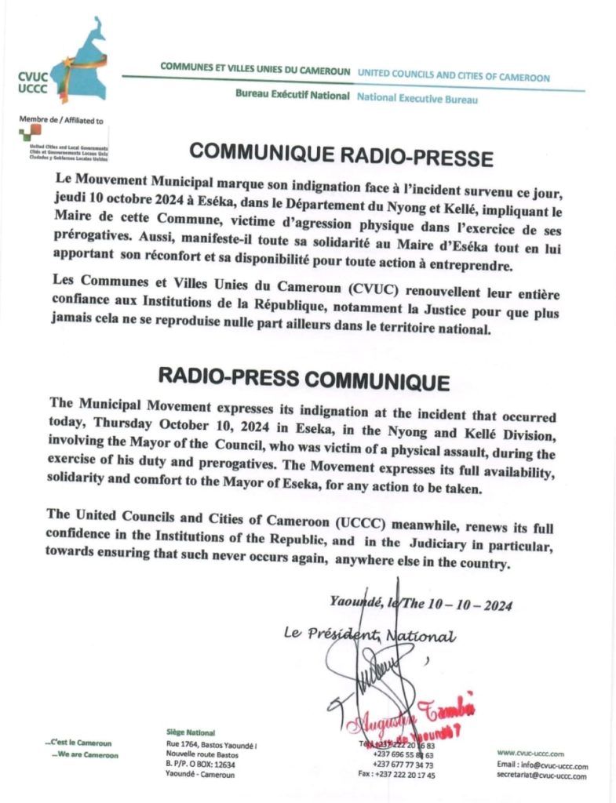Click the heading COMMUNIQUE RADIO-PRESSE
(341, 154)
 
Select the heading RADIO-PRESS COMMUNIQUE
(304, 379)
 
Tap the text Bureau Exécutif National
(293, 96)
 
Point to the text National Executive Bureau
(417, 99)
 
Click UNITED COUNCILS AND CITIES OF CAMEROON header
(454, 77)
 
